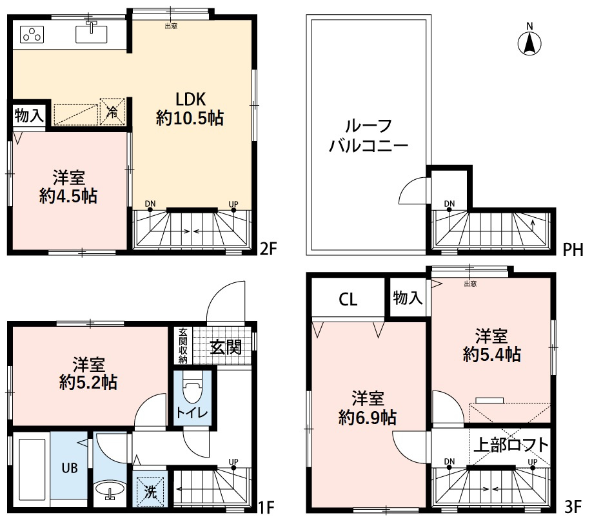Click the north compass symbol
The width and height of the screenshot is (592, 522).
(529, 43)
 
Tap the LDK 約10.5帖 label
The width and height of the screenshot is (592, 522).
(190, 108)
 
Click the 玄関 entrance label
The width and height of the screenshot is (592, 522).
(226, 347)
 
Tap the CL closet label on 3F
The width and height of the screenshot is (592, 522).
(348, 300)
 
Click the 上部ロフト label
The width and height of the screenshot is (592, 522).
(511, 445)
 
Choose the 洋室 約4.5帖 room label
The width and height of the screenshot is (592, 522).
(68, 187)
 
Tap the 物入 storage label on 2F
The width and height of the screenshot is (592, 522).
(29, 116)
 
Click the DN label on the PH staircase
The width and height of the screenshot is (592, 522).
(449, 204)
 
